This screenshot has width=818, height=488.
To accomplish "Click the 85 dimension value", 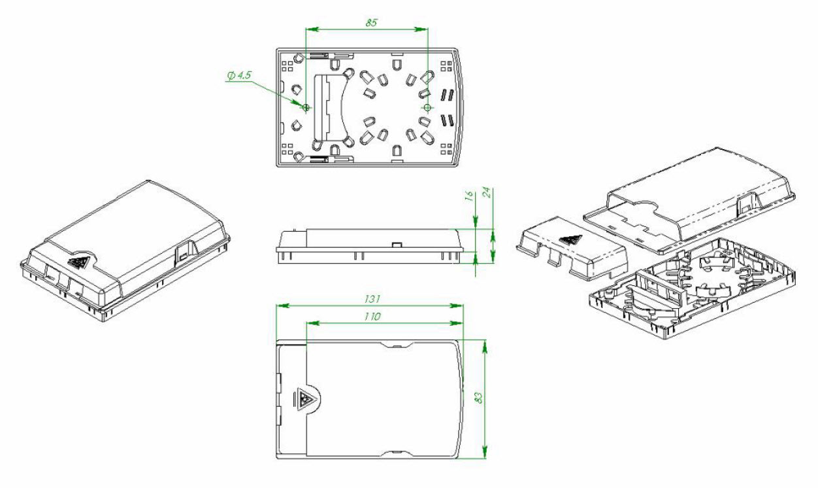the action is tap(371, 23).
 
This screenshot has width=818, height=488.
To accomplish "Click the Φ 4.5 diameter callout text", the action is tap(239, 76).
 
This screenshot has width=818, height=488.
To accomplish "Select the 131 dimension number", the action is tap(372, 299).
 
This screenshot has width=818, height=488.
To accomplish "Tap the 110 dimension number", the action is tap(372, 316).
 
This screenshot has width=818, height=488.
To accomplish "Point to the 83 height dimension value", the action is tap(479, 398).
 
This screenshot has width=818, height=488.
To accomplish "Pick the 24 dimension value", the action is tap(487, 192).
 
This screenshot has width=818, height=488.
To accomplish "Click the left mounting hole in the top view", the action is tap(306, 107).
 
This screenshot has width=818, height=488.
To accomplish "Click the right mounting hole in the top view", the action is tap(427, 107).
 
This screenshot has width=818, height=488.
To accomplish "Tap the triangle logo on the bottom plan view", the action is tap(304, 399).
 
